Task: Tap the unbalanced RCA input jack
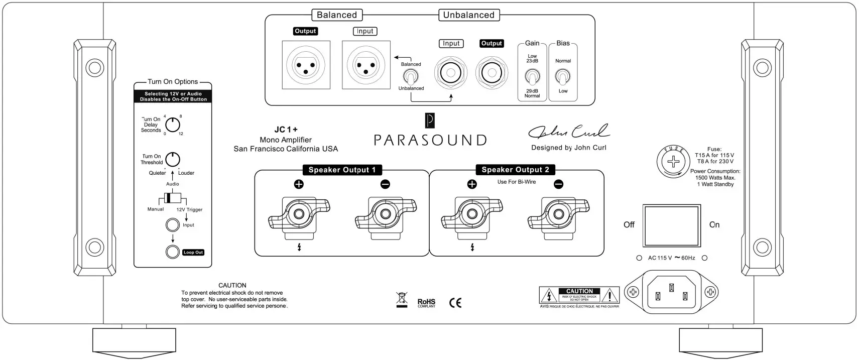coord(451,73)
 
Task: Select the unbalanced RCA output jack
coord(492,73)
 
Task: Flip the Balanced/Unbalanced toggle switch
coord(411,77)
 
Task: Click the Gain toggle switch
coord(532,77)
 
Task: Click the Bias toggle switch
coord(563,77)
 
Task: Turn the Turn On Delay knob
coord(173,125)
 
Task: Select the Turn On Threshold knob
coord(173,160)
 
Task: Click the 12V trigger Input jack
coord(173,225)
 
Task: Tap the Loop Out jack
coord(173,252)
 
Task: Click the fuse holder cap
coord(673,162)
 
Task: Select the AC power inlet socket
coord(672,292)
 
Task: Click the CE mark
coord(455,303)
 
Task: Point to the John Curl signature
coord(568,132)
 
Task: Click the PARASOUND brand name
coord(430,140)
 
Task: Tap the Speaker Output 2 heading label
coord(515,170)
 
